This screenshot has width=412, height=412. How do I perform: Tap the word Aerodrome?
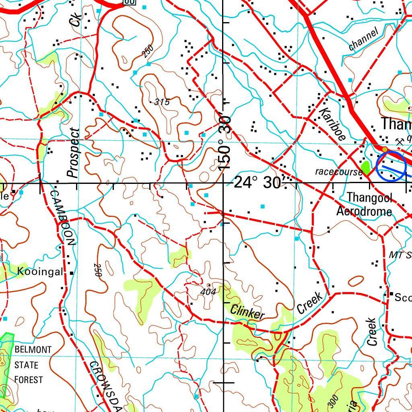pos(364,211)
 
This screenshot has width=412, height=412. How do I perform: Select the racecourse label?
pos(338,172)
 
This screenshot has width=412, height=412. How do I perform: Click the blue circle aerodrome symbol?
pos(391,167)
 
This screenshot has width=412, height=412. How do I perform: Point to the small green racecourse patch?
pos(366,166)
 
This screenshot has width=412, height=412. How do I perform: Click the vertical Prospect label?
pos(74,153)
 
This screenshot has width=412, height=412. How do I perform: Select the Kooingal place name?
pos(40,272)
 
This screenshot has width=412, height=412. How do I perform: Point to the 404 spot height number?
pos(208,292)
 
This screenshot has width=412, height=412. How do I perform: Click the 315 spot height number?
pos(162,102)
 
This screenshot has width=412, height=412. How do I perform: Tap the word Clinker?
pos(248,312)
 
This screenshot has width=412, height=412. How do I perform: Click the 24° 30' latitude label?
pos(257,183)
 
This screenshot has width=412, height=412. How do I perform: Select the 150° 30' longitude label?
pos(225,143)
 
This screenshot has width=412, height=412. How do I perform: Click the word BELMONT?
pos(33,350)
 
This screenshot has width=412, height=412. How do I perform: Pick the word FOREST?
pos(29,379)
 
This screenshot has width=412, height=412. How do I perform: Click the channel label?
pos(364,39)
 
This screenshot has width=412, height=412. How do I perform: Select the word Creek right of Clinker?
pos(310,303)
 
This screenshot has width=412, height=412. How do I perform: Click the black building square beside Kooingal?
pos(72,273)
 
